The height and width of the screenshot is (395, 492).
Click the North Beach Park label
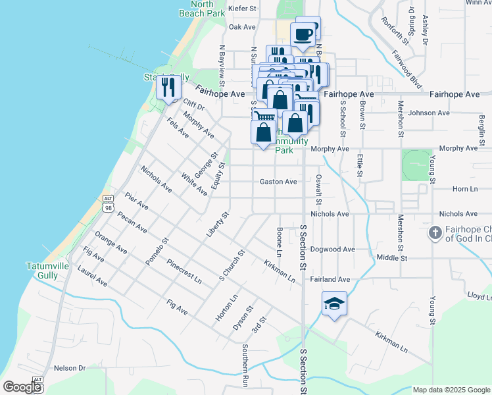click(x=202, y=8)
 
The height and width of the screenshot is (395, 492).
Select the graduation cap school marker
click(x=334, y=303)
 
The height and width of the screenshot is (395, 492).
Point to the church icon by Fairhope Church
click(x=434, y=233)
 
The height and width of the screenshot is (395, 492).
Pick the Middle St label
click(x=392, y=257)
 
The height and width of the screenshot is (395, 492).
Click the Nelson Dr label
click(x=70, y=368)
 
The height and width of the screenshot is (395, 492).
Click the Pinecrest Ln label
click(x=184, y=272)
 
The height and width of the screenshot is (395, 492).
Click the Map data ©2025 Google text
click(x=451, y=390)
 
